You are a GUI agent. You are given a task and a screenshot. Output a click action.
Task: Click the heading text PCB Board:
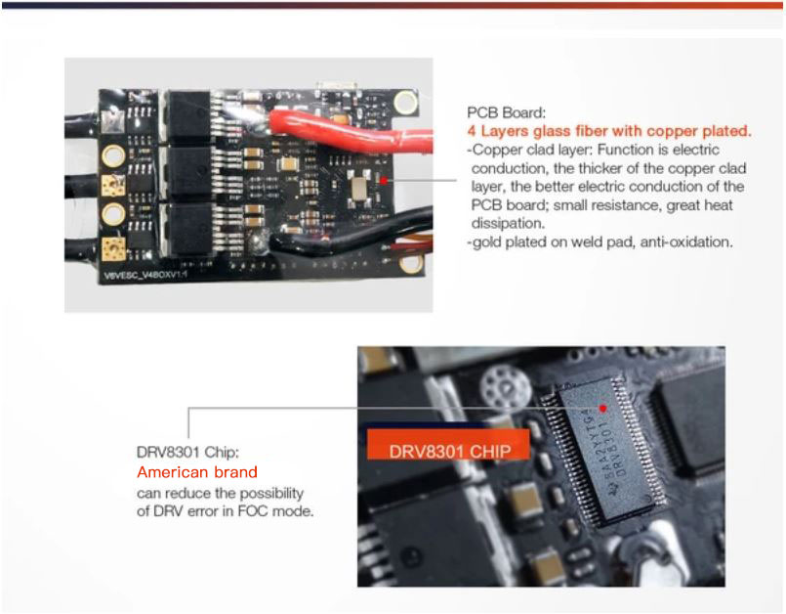[x=506, y=112]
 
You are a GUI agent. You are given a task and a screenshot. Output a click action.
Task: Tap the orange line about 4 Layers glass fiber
[x=609, y=131]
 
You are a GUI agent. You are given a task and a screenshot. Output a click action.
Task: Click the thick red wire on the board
[x=351, y=132]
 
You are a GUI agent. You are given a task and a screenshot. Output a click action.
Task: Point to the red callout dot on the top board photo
[x=384, y=180]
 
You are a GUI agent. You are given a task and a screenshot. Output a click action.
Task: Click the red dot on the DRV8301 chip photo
[x=603, y=408]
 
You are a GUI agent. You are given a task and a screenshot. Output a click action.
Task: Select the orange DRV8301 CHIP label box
[x=448, y=444]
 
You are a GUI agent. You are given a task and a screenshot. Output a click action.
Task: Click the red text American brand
[x=197, y=472]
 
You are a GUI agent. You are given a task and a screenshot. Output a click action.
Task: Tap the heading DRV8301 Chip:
[x=188, y=453]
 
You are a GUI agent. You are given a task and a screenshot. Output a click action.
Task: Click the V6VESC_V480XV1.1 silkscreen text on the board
[x=145, y=275]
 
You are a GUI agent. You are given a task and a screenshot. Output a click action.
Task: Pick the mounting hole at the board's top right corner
[x=405, y=102]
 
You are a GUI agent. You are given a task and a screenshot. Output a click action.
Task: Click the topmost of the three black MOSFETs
[x=188, y=115]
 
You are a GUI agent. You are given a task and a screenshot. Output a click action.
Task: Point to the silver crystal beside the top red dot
[x=360, y=188]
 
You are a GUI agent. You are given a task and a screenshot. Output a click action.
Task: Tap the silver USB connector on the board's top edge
[x=336, y=85]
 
